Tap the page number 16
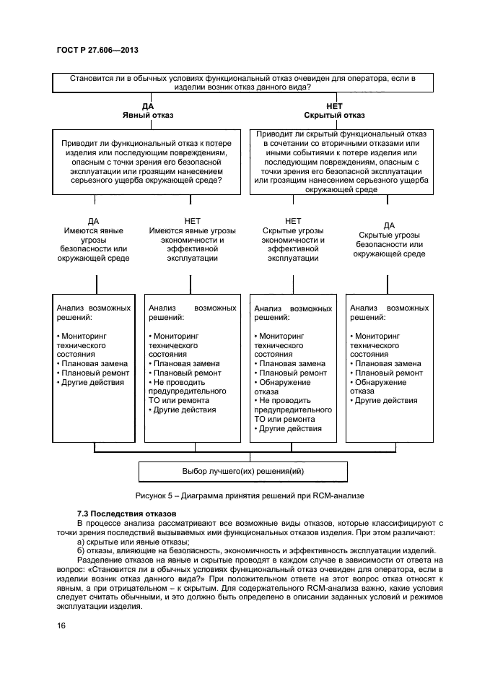pos(61,625)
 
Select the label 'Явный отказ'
pos(147,115)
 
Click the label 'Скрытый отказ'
pos(334,115)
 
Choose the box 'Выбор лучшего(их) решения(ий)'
pos(243,471)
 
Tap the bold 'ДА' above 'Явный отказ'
pos(147,105)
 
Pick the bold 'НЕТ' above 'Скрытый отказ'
pos(334,105)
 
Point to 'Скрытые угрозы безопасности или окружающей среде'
pos(390,240)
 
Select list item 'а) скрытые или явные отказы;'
pos(133,541)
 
